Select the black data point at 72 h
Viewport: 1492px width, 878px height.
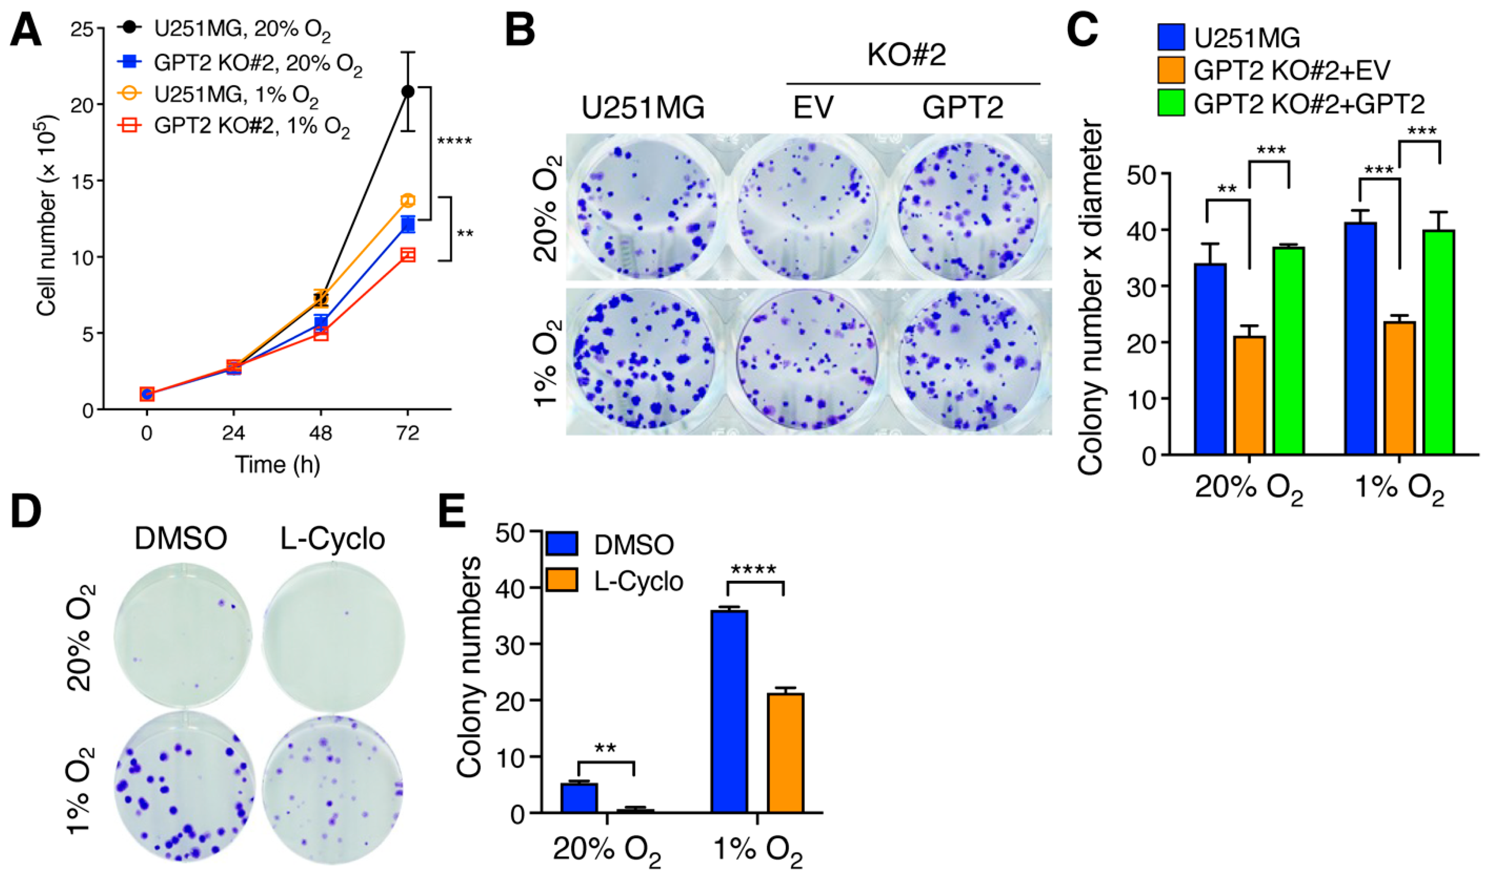pos(407,91)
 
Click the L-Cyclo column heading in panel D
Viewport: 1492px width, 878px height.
pos(332,539)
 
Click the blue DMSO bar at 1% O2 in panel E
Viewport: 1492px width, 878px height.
pos(729,711)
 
